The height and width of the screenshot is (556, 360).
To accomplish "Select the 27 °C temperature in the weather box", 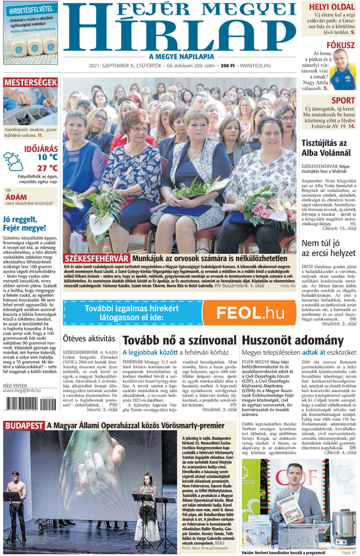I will pos(47,168).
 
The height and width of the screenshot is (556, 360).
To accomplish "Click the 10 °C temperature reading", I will pos(47,157).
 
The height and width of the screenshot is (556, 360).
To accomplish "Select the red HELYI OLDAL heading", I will pos(331,7).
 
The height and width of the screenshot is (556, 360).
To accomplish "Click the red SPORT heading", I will pos(343,100).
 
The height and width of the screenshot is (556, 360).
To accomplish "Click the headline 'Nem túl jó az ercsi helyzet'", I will pos(328,249).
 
